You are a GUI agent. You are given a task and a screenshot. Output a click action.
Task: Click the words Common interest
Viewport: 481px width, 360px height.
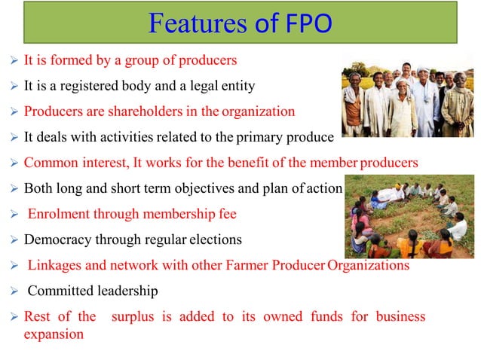[72, 163]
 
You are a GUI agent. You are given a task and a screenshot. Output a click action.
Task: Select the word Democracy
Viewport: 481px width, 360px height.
[59, 239]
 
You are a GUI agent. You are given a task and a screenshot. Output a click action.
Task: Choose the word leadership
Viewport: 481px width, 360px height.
[132, 291]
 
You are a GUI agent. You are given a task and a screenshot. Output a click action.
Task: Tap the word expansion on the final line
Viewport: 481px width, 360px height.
[54, 334]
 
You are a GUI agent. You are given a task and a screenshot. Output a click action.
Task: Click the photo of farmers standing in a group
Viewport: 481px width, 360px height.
[408, 95]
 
